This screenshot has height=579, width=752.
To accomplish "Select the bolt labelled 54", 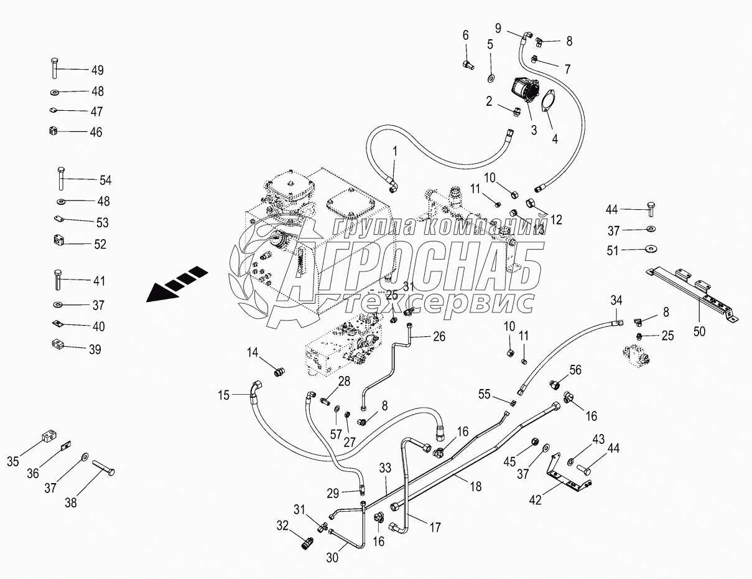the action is tap(61, 179).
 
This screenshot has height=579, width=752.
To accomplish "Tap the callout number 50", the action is tap(700, 331).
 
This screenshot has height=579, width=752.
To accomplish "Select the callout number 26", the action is tap(439, 337).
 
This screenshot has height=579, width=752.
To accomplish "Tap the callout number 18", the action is tap(476, 487).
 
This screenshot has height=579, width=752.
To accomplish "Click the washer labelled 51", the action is tap(651, 249).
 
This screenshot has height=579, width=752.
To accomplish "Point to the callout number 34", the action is tap(616, 300).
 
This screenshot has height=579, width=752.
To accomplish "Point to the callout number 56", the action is tap(575, 369).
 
